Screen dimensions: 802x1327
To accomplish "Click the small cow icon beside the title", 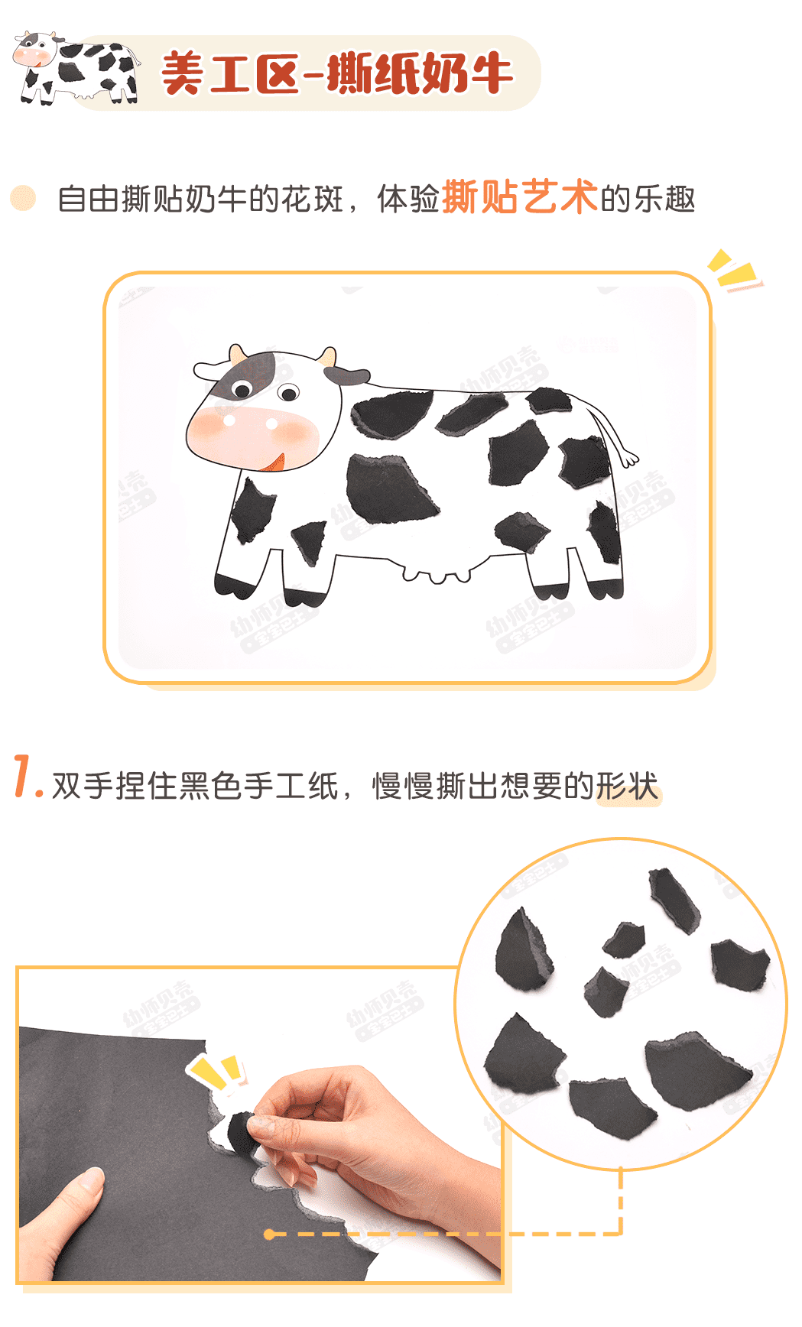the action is (76, 69).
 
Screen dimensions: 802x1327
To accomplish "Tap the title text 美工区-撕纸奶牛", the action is (336, 73).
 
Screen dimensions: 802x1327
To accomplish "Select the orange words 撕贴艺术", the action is (520, 197).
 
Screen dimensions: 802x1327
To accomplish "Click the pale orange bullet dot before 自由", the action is (23, 198).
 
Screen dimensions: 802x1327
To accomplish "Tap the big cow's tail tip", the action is (629, 459).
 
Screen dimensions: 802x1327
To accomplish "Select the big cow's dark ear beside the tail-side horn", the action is (346, 375).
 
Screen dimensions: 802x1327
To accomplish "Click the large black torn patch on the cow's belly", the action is (391, 489).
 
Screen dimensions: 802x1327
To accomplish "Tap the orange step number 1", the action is (27, 777).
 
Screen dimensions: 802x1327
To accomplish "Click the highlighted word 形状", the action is (627, 787).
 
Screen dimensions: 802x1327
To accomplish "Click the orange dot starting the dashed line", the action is (269, 1234).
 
